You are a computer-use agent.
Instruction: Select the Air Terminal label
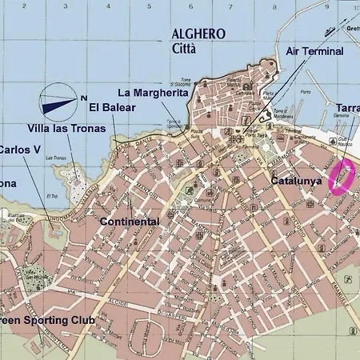click(314, 52)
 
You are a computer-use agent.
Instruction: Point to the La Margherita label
click(153, 93)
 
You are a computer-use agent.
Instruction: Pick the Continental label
click(130, 222)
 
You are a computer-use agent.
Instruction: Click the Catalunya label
click(296, 182)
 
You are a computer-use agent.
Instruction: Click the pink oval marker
click(343, 176)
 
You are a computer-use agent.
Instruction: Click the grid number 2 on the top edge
click(44, 6)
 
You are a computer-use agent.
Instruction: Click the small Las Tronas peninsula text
click(54, 158)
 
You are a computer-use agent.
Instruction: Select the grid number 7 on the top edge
click(230, 6)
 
